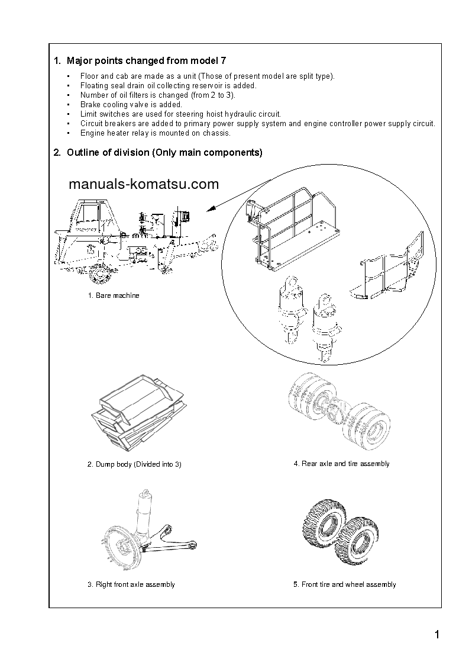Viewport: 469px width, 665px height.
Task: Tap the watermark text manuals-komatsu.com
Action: tap(144, 184)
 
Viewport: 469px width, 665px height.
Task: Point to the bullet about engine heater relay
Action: tap(156, 133)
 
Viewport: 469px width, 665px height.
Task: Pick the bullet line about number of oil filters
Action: tap(158, 95)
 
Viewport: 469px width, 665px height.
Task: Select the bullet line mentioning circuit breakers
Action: tap(258, 123)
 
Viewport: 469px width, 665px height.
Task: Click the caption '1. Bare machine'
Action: tap(114, 295)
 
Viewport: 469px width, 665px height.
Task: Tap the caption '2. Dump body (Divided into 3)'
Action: tap(134, 464)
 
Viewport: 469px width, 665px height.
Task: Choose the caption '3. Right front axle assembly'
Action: tap(131, 584)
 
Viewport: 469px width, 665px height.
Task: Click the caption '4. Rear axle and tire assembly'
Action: tap(341, 464)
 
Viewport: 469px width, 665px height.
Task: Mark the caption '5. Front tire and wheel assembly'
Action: tap(344, 584)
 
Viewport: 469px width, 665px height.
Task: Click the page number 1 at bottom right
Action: tap(436, 635)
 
